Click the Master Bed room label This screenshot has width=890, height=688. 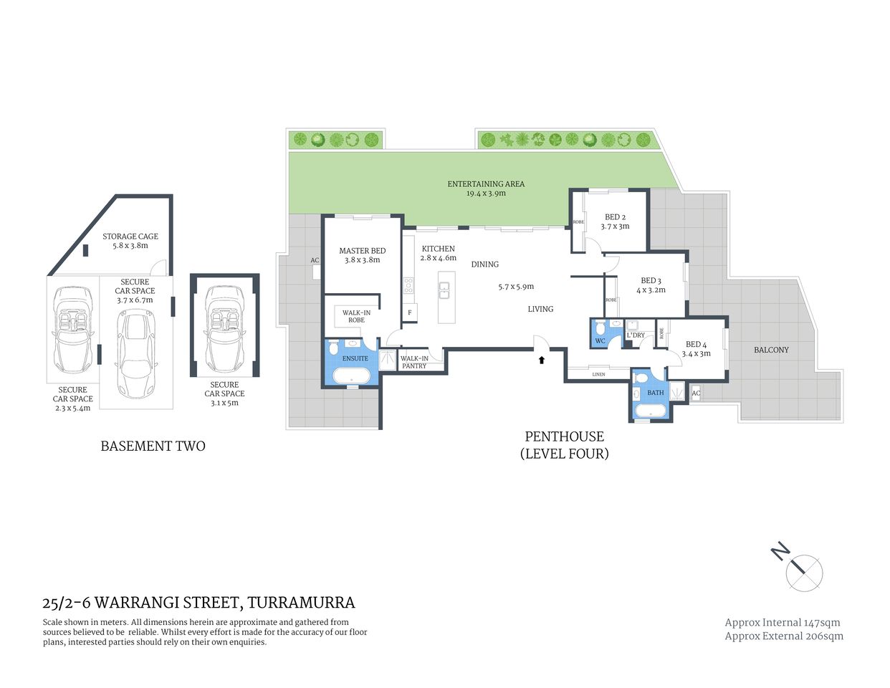(362, 251)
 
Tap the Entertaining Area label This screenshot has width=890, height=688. (486, 184)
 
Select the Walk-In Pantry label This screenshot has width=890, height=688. (414, 362)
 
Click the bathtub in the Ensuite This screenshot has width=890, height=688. (351, 377)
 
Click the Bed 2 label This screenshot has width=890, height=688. (615, 217)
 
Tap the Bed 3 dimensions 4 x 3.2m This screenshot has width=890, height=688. (651, 290)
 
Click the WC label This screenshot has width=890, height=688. (600, 341)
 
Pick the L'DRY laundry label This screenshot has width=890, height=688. (636, 335)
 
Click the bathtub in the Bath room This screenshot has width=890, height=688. (650, 412)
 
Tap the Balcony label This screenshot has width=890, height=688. (771, 350)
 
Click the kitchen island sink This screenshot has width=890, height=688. (444, 290)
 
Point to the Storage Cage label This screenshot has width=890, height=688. (130, 236)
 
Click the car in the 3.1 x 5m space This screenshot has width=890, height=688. (224, 326)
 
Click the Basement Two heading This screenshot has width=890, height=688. (153, 446)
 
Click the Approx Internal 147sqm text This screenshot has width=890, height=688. (783, 623)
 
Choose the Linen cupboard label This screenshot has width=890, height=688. (598, 374)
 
